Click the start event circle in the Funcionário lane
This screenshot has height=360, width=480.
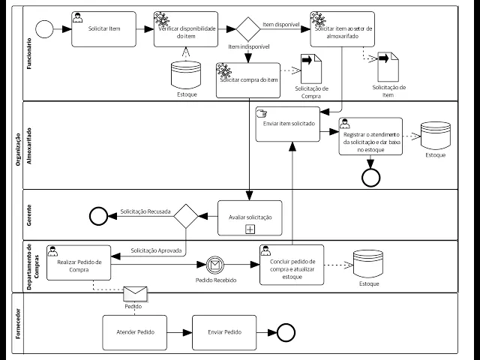(44, 29)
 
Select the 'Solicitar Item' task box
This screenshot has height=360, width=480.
(105, 29)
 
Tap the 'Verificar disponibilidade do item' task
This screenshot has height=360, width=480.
(186, 29)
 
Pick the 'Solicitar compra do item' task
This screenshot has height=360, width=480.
(248, 79)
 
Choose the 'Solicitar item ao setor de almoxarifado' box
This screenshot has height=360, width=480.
(343, 29)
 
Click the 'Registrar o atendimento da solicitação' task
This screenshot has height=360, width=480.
(370, 136)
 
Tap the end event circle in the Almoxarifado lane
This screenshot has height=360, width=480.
(370, 177)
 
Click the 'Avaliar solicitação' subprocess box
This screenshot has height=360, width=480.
(250, 217)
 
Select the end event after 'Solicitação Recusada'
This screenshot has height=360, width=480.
(98, 216)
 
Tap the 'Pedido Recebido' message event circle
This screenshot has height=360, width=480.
(216, 264)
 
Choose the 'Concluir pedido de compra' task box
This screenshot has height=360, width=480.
(292, 264)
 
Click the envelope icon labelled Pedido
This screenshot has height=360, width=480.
(133, 292)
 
